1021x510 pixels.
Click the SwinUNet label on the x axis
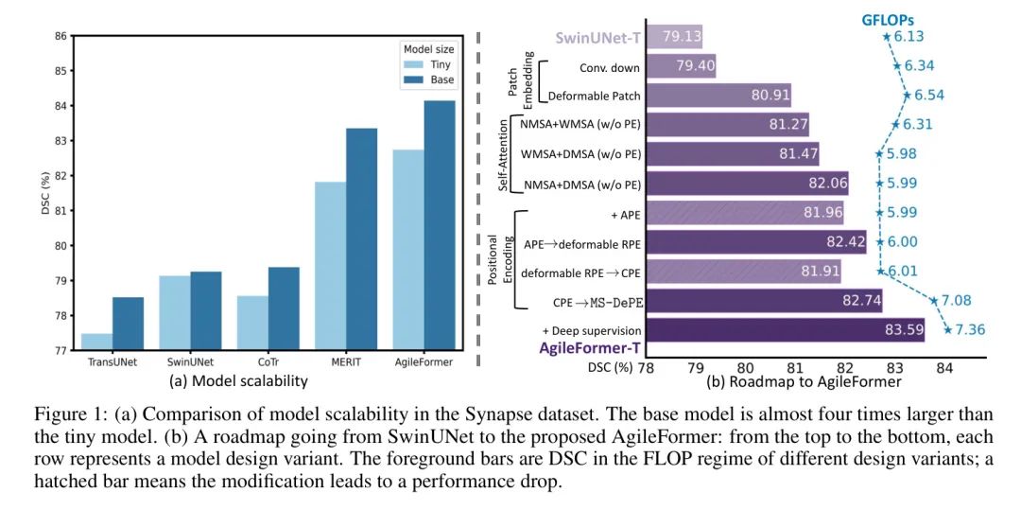[190, 361]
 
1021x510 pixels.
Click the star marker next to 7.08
[934, 301]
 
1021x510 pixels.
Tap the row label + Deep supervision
[592, 330]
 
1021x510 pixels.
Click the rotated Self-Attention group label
[504, 154]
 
